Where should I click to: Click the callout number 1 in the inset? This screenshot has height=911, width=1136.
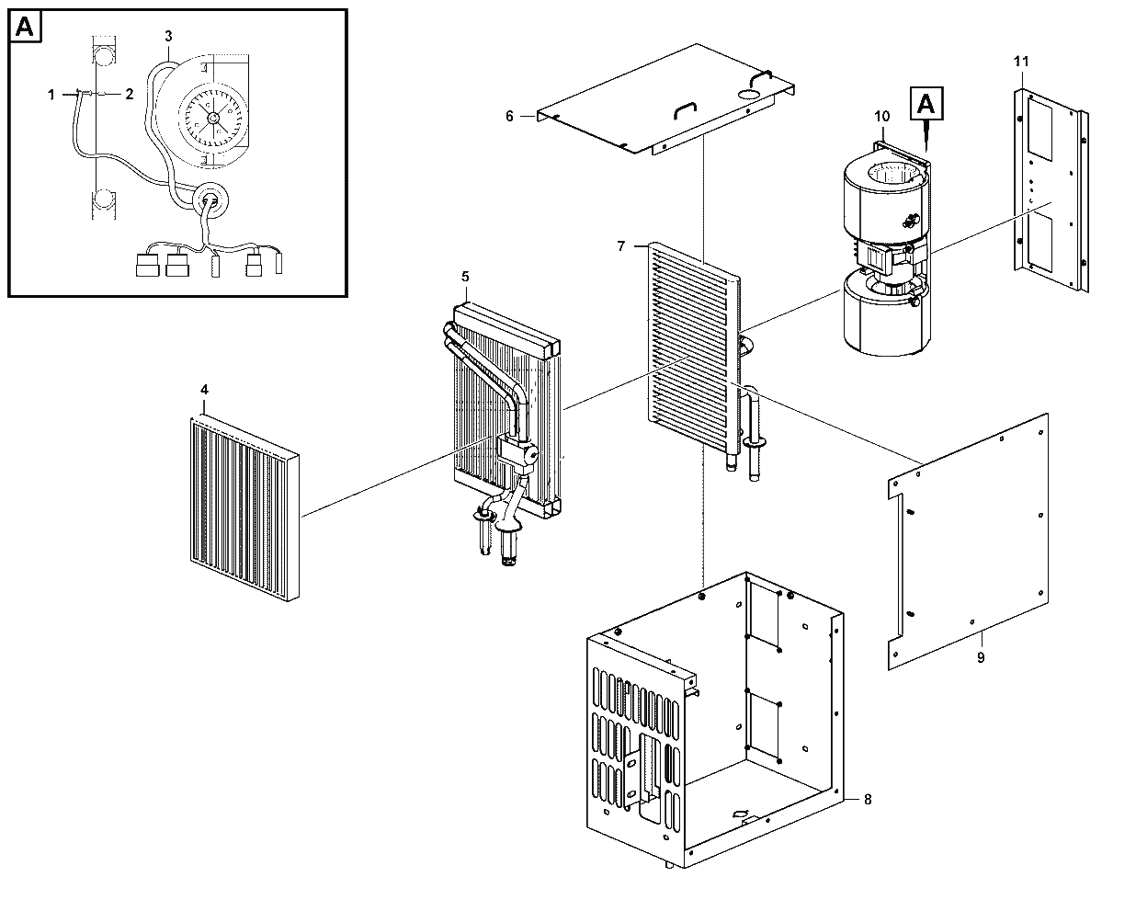[51, 95]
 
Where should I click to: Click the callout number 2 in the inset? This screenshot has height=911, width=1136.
[130, 94]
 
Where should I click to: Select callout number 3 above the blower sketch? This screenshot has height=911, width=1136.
[168, 37]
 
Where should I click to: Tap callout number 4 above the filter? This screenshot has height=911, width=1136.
[204, 390]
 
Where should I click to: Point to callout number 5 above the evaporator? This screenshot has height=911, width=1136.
[465, 277]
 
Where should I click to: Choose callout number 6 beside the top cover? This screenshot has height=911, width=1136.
[509, 116]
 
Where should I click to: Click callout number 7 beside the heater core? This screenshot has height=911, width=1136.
[621, 246]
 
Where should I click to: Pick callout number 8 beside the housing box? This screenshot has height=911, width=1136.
[868, 800]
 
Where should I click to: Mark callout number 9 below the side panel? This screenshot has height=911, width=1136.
[981, 657]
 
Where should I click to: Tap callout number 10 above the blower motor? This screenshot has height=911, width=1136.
[882, 116]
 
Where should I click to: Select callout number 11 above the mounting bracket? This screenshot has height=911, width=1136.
[1021, 62]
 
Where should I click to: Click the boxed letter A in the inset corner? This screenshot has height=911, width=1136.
[26, 27]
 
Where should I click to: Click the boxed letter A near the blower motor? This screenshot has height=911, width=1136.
[926, 104]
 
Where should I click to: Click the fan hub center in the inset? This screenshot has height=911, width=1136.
[212, 118]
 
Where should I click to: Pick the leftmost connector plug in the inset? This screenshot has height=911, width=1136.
[147, 266]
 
